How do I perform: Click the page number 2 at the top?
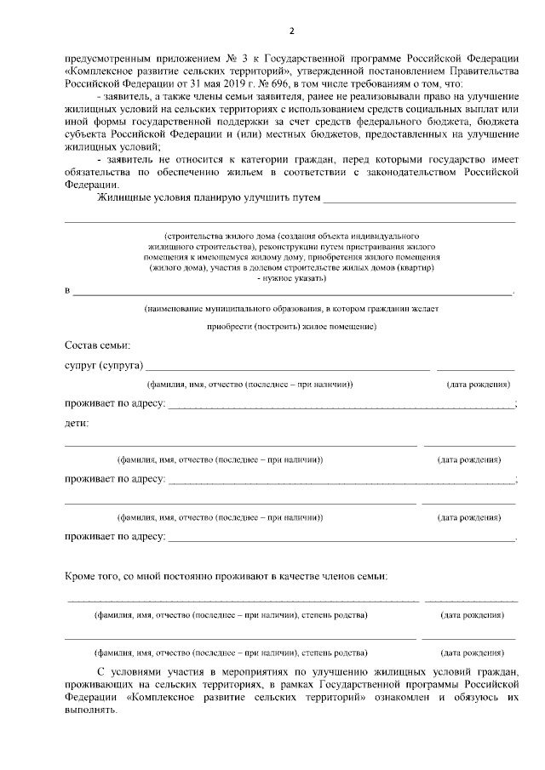[x=291, y=32]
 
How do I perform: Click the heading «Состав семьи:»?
[x=98, y=345]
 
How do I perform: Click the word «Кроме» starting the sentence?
[x=81, y=576]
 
